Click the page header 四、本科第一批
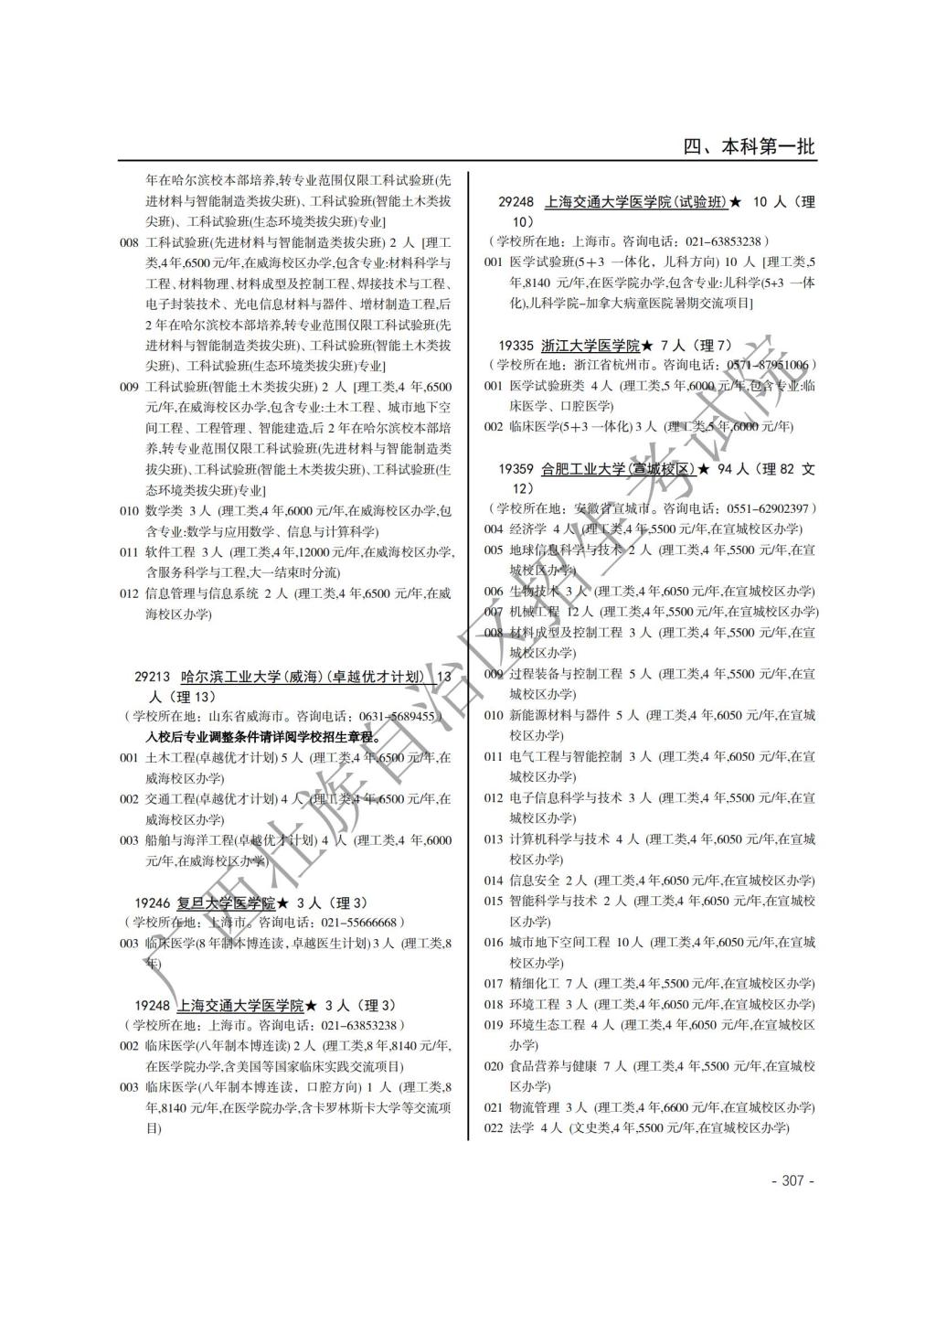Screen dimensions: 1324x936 (750, 146)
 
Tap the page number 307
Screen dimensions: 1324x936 (792, 1180)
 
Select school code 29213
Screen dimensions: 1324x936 (153, 677)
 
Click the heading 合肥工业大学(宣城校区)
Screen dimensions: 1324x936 (618, 468)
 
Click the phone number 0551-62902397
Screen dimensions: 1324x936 (768, 508)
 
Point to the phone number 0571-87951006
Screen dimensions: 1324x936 (768, 365)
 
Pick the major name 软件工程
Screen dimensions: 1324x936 (170, 551)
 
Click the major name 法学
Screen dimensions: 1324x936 (521, 1127)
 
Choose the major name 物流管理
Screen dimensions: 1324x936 (534, 1106)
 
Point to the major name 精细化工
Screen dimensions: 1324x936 (534, 983)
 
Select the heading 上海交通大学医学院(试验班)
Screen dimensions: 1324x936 (635, 202)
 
